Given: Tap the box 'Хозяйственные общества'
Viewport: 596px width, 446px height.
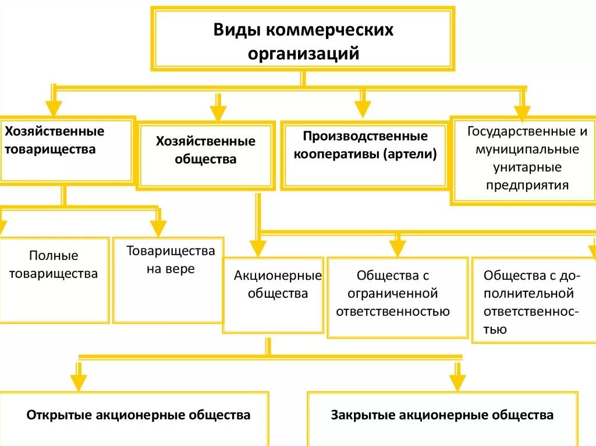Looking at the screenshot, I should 205,155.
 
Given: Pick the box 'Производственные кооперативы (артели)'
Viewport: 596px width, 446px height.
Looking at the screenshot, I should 365,155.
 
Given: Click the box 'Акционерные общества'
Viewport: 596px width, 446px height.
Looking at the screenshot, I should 274,294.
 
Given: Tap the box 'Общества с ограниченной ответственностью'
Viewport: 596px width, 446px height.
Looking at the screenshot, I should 398,297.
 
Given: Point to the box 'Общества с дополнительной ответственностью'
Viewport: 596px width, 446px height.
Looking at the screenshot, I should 533,299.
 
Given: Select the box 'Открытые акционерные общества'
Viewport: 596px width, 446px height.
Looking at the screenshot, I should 137,416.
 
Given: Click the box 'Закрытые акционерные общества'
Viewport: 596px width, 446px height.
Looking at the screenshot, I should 442,416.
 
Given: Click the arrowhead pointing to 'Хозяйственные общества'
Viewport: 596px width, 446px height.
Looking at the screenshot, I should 218,113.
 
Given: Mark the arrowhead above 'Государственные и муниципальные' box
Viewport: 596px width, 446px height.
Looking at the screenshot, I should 522,112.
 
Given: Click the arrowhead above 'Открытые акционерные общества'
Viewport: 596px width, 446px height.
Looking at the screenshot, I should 79,381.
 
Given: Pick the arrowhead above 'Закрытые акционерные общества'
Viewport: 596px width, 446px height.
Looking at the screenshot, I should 457,382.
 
